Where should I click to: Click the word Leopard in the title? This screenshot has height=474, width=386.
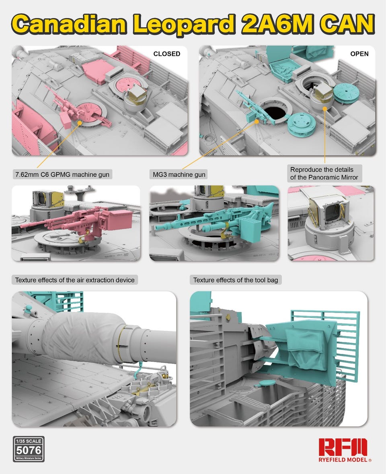pyautogui.click(x=184, y=24)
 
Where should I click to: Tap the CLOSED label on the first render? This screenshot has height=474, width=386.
pyautogui.click(x=167, y=54)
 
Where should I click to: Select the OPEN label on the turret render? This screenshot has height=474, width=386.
pyautogui.click(x=359, y=54)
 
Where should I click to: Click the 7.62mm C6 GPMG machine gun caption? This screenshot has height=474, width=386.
pyautogui.click(x=62, y=175)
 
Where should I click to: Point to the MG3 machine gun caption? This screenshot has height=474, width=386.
pyautogui.click(x=179, y=175)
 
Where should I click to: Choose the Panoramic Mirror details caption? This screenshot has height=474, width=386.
pyautogui.click(x=324, y=173)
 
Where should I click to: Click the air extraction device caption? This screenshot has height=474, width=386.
pyautogui.click(x=75, y=280)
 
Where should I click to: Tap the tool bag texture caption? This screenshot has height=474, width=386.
pyautogui.click(x=236, y=280)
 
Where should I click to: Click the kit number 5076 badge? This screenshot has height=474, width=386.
pyautogui.click(x=29, y=449)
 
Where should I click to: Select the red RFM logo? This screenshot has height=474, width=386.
pyautogui.click(x=343, y=447)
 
